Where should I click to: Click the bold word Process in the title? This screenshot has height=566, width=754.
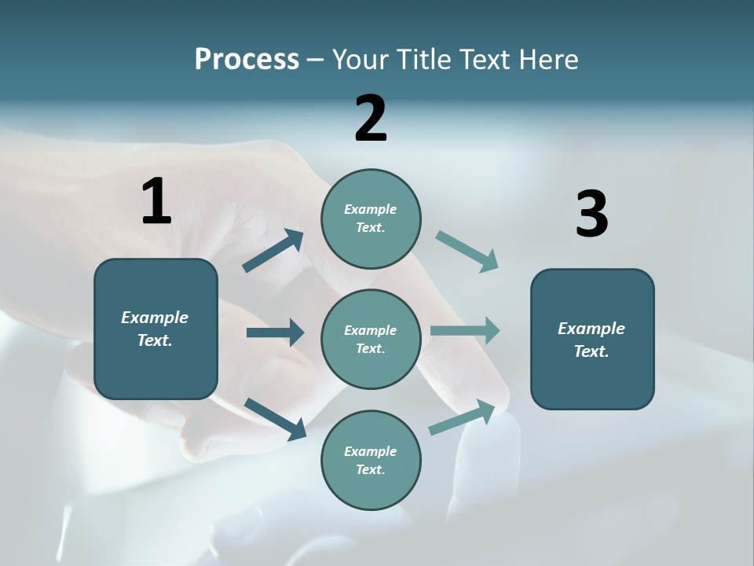coord(247,60)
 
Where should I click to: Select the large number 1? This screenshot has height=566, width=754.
coord(156,202)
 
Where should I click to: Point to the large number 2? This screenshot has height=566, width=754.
coord(371,119)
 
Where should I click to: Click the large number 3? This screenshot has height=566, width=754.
coord(591,215)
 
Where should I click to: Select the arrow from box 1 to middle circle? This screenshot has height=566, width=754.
coord(275,333)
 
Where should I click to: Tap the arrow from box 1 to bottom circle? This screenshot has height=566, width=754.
coord(276,418)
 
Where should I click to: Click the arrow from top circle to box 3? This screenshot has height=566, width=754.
coord(467,252)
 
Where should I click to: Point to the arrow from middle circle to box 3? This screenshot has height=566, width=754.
coord(465,331)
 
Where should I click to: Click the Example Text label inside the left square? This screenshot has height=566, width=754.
coord(155,329)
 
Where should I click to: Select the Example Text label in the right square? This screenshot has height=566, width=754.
coord(591,340)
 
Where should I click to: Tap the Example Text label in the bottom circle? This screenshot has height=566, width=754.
coord(370,460)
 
